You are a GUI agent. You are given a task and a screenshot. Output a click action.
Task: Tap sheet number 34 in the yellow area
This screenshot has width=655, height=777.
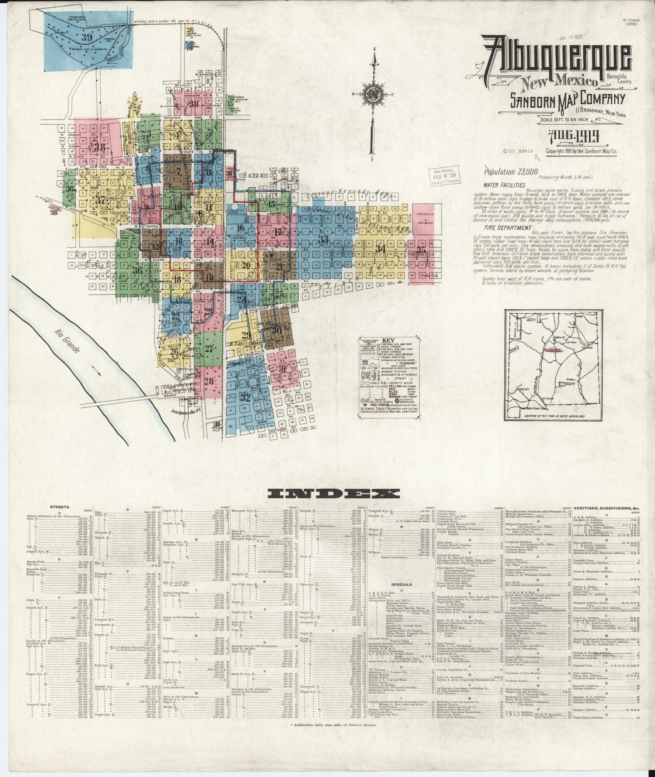(381, 248)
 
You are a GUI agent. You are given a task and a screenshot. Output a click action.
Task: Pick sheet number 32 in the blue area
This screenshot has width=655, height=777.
(245, 398)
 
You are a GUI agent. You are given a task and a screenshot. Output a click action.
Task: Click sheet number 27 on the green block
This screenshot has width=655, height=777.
(209, 349)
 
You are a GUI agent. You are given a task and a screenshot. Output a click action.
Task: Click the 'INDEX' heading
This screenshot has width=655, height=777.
(333, 494)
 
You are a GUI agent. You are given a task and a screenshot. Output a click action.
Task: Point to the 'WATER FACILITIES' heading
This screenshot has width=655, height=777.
(505, 185)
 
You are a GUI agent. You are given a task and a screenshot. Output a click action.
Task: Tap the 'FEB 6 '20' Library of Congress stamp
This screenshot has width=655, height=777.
(444, 177)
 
